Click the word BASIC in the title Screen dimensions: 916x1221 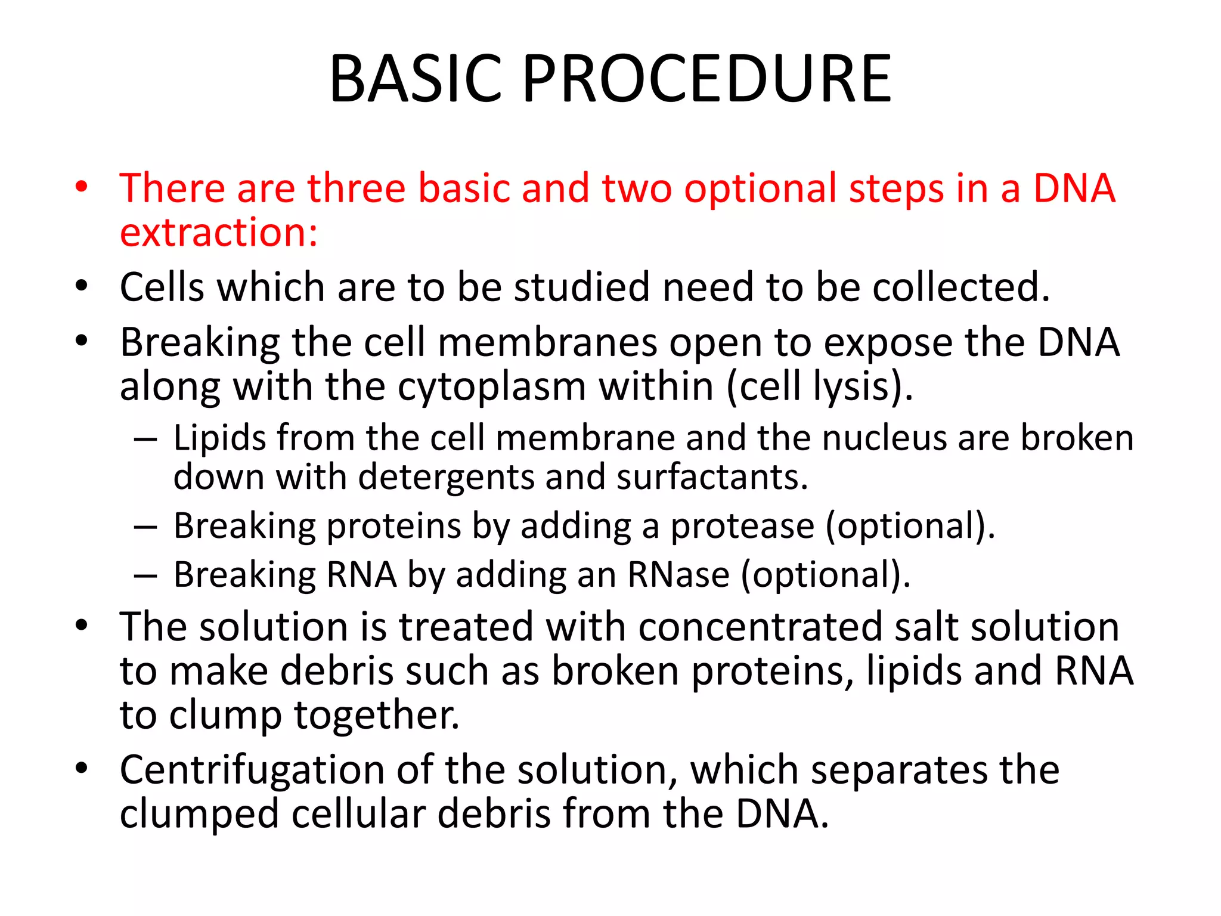tap(416, 79)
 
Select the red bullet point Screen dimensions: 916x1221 tap(82, 187)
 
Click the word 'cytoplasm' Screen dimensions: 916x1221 tap(492, 387)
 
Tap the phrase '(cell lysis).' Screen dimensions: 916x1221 tap(820, 387)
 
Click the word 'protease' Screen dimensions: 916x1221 tap(742, 527)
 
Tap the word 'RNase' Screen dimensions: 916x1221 tap(678, 575)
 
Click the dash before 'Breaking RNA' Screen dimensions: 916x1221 tap(145, 576)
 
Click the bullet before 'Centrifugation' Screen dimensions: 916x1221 tap(82, 768)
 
